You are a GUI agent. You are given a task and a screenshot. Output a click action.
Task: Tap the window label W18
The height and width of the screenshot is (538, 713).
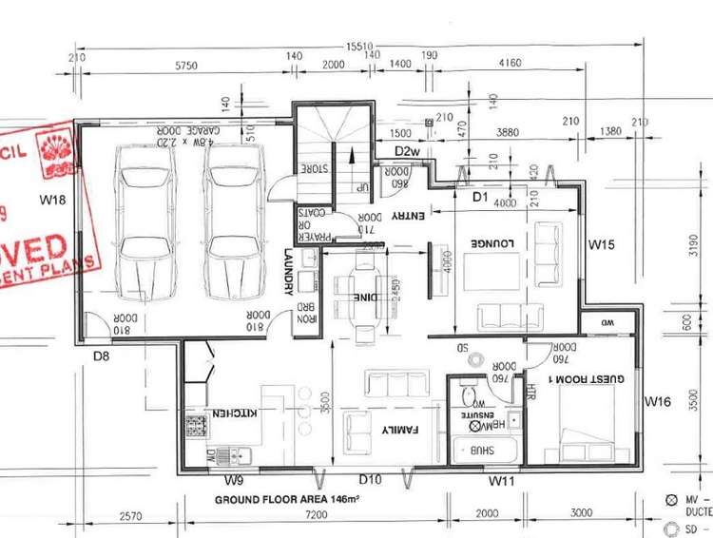(x=52, y=201)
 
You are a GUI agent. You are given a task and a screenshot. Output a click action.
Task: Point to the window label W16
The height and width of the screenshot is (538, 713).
(x=657, y=402)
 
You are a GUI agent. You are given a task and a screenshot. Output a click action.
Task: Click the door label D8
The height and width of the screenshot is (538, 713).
(x=103, y=356)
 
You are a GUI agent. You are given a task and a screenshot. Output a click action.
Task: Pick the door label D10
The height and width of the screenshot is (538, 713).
(x=370, y=482)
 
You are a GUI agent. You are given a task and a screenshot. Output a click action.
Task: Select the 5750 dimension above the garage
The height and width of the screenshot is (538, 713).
(x=185, y=66)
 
